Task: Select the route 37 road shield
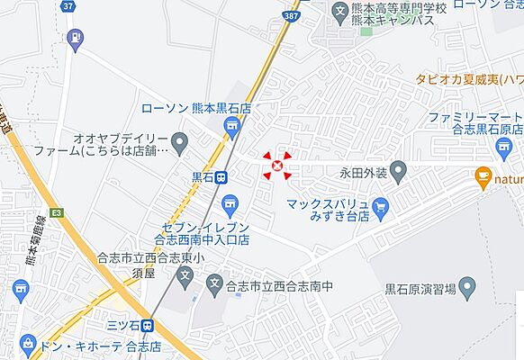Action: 68,5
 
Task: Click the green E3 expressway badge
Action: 58,213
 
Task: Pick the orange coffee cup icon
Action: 483,177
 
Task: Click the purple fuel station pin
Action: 75,38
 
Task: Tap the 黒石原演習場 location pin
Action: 466,288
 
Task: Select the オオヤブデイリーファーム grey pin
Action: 179,141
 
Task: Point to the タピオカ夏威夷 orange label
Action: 469,79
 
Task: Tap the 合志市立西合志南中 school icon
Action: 213,287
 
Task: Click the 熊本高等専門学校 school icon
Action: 339,13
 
